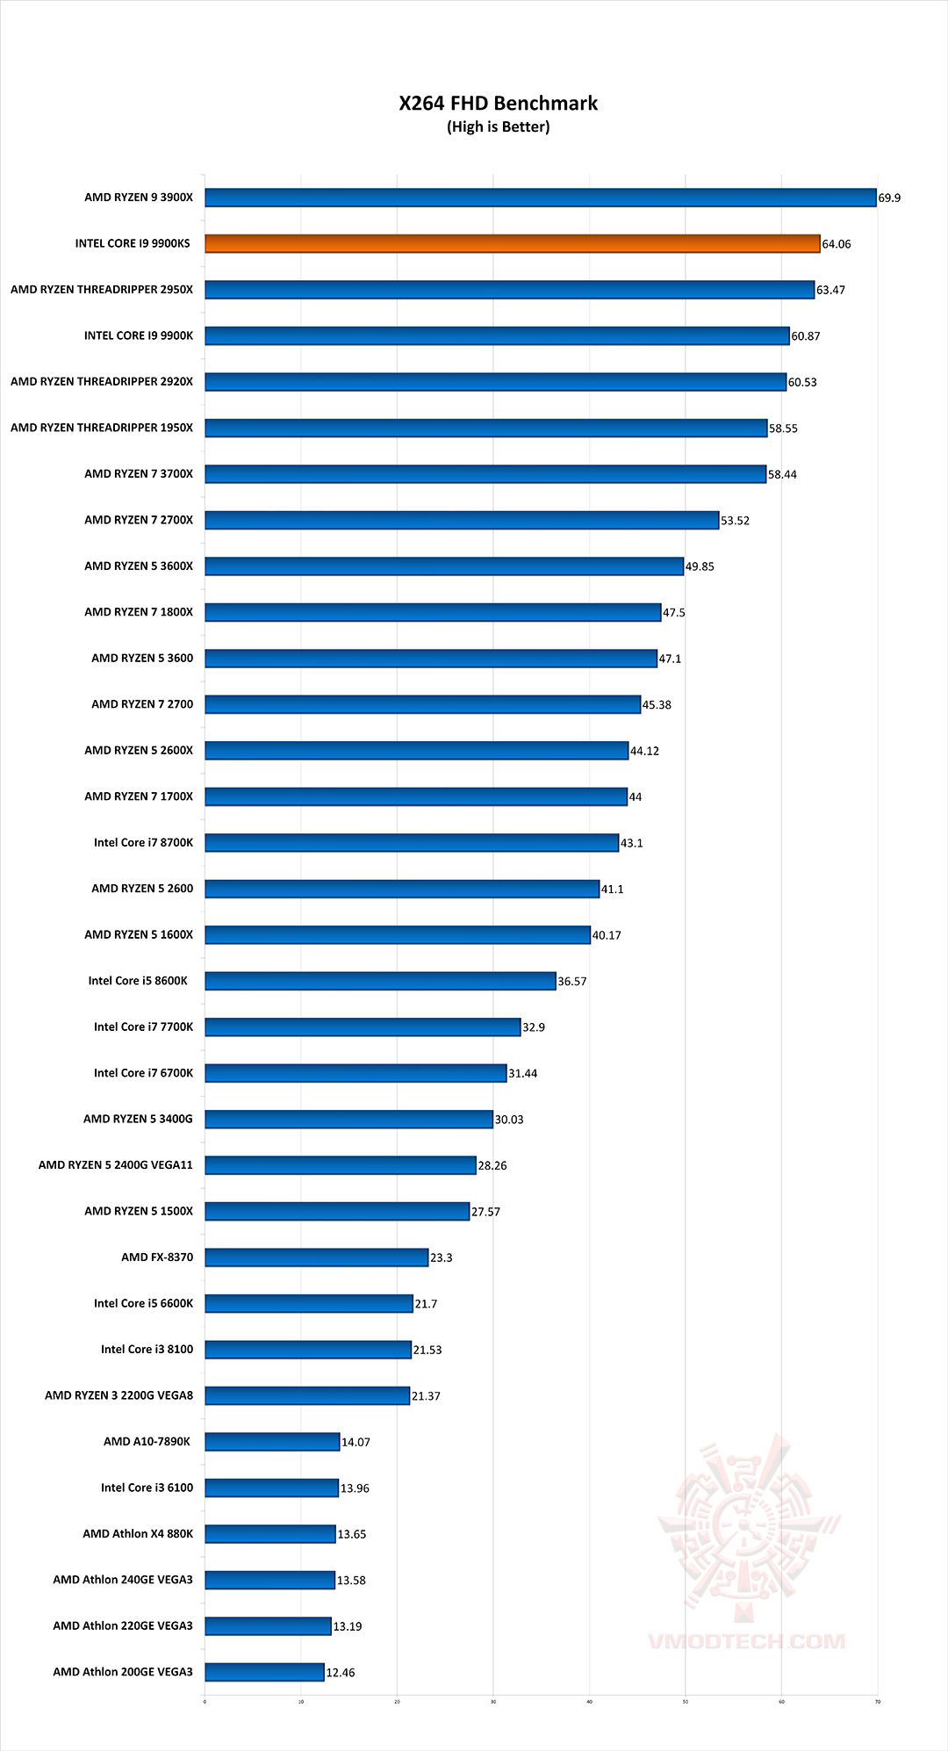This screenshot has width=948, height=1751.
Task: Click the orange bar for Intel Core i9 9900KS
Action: (513, 243)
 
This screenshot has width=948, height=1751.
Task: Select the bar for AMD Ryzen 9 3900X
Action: (541, 198)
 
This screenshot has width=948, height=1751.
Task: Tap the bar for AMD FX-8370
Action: (317, 1257)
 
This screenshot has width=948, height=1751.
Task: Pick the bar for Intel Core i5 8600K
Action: (381, 981)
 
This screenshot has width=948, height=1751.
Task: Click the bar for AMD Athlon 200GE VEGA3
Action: (265, 1672)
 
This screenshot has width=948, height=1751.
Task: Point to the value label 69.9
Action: (889, 198)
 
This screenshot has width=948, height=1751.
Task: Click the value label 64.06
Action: (837, 244)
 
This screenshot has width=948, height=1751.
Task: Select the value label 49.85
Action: (700, 566)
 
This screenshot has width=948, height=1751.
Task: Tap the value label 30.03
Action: (509, 1120)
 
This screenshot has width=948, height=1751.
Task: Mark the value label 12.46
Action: (341, 1673)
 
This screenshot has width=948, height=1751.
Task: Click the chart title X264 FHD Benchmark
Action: (498, 104)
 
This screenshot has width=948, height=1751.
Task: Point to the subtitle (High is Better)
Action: (498, 127)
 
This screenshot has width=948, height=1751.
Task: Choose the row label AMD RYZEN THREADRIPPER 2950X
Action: (102, 290)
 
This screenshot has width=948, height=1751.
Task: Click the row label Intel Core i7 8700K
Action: (143, 843)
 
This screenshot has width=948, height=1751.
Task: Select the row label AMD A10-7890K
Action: (147, 1442)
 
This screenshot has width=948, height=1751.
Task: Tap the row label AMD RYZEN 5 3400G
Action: (138, 1119)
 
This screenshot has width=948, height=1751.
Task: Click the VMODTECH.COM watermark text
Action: (746, 1641)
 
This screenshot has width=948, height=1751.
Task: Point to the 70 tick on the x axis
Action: (877, 1702)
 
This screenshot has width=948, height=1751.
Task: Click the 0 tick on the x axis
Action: (205, 1702)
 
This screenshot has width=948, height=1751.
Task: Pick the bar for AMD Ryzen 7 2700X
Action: (462, 520)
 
